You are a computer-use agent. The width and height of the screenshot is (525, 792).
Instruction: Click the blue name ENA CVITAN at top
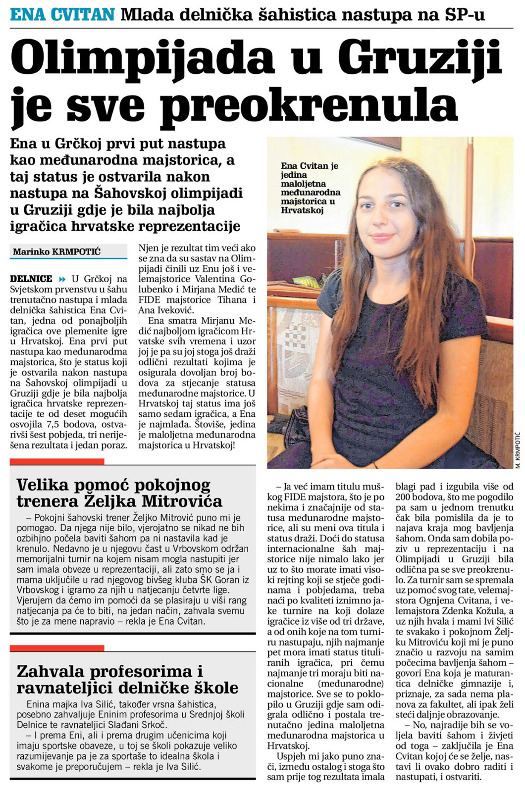(62, 14)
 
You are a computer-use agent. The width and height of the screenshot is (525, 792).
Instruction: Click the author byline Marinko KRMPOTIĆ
(56, 252)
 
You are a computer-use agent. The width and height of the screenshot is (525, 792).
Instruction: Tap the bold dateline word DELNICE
(31, 279)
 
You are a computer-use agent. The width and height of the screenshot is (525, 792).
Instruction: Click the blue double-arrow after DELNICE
(62, 279)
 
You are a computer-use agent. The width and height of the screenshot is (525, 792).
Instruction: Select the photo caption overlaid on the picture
(310, 188)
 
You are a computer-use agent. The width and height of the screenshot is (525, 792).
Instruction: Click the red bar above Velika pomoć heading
(57, 461)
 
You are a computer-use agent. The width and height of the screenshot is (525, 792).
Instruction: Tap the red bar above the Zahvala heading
(57, 648)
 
